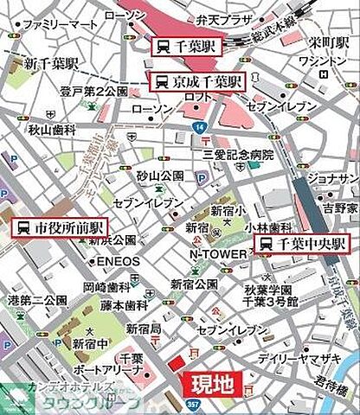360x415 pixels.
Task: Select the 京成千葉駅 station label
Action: point(198,82)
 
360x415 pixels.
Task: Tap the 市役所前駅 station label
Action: point(59,227)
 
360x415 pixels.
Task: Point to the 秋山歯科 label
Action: point(52,129)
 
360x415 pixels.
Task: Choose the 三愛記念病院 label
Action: point(238,154)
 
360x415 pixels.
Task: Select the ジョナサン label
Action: point(333,178)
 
